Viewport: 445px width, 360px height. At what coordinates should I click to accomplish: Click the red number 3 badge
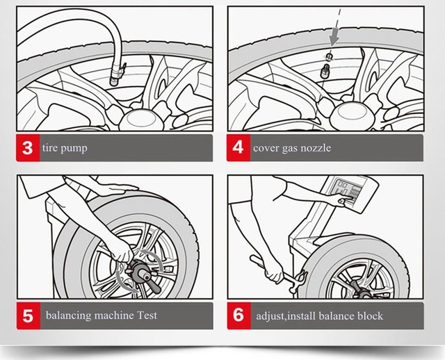coord(27,148)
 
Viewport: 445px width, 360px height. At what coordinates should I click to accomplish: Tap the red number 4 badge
coord(238,148)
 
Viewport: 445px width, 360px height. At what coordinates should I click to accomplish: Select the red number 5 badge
coord(27,316)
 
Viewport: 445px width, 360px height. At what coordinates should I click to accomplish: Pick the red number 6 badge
coord(238,316)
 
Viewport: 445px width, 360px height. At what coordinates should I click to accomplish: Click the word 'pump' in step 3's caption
coord(74,149)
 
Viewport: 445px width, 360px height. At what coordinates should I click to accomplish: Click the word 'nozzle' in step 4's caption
coord(314,148)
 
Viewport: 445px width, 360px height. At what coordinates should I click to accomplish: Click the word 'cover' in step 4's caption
coord(265,148)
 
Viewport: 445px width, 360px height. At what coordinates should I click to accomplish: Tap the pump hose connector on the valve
coord(116,73)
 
